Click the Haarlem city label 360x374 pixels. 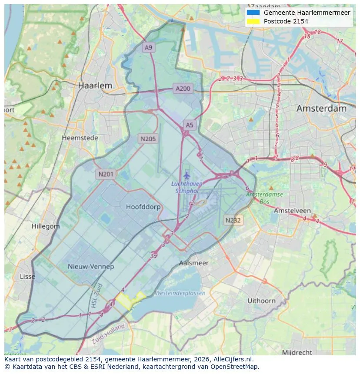[x=95, y=86]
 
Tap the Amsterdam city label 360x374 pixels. [x=321, y=108]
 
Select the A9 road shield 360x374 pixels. [x=149, y=48]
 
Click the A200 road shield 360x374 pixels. [x=183, y=89]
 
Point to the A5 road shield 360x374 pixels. [x=189, y=125]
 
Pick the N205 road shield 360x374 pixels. [x=148, y=139]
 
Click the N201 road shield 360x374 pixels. [x=106, y=174]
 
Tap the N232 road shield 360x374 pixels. [x=233, y=220]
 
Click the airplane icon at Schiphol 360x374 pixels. [x=187, y=175]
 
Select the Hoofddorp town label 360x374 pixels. [x=143, y=207]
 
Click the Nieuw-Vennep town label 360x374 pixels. [x=91, y=266]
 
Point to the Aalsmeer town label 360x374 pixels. [x=194, y=263]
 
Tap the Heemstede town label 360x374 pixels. [x=80, y=138]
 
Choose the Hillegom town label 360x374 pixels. [x=46, y=226]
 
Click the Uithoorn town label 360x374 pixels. [x=261, y=300]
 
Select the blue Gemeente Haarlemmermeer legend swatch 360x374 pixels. [x=253, y=13]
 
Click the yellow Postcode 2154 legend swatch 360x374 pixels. [x=253, y=21]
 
